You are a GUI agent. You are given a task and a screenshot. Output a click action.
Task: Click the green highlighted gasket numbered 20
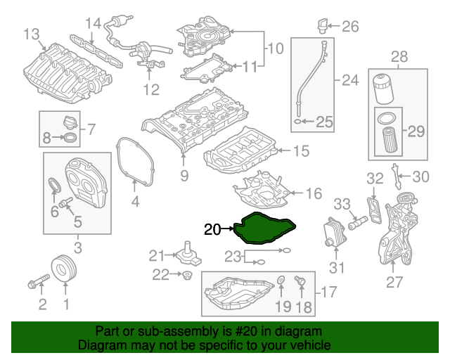pyautogui.click(x=266, y=229)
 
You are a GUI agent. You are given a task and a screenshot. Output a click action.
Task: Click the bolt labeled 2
pyautogui.click(x=35, y=285)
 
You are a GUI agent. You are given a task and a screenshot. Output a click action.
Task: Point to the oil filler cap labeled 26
pyautogui.click(x=323, y=27)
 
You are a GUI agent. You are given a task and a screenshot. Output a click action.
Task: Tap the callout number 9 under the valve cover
pyautogui.click(x=184, y=174)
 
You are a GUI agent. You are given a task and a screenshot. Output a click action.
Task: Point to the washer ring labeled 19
pyautogui.click(x=281, y=283)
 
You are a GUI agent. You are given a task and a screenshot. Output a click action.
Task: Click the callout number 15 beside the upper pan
pyautogui.click(x=301, y=150)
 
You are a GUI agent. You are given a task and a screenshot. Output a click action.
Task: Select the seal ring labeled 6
pyautogui.click(x=54, y=186)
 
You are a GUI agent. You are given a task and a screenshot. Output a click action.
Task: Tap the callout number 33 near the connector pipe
pyautogui.click(x=342, y=204)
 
